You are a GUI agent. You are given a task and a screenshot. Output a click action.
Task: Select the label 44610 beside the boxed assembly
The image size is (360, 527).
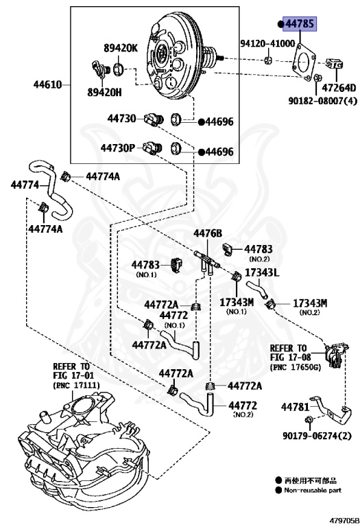pyautogui.click(x=48, y=84)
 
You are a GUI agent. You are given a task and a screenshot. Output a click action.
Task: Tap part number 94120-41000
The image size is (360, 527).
pyautogui.click(x=267, y=43)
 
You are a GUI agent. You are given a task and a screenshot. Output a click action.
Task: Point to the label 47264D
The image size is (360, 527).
pyautogui.click(x=339, y=88)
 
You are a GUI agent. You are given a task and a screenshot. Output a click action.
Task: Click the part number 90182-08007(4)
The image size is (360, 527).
pyautogui.click(x=323, y=100)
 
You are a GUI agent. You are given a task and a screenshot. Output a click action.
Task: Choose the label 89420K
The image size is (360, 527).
pyautogui.click(x=121, y=48)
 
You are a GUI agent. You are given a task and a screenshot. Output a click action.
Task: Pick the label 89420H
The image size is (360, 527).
pyautogui.click(x=104, y=92)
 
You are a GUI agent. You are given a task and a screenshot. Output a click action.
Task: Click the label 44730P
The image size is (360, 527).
pyautogui.click(x=117, y=148)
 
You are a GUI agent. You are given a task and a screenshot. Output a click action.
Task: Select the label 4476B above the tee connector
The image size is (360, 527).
pyautogui.click(x=208, y=233)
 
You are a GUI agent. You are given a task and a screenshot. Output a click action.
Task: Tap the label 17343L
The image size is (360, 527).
pyautogui.click(x=262, y=272)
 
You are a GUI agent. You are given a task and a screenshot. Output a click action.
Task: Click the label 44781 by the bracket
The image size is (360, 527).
pyautogui.click(x=295, y=407)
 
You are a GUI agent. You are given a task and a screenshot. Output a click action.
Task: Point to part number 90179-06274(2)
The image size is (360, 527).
pyautogui.click(x=317, y=436)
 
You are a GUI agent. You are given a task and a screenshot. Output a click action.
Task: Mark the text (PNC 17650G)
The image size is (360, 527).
pyautogui.click(x=296, y=367)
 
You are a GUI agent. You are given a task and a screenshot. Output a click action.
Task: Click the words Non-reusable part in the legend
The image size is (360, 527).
pyautogui.click(x=313, y=491)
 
